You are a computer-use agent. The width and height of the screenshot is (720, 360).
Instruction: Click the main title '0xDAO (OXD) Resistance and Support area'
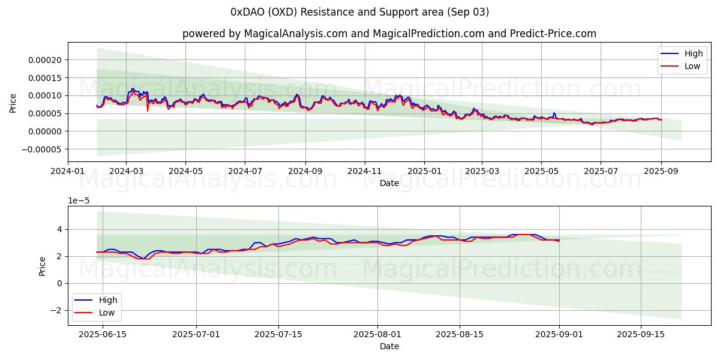(359, 12)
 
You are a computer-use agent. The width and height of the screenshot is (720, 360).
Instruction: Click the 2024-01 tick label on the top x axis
(68, 172)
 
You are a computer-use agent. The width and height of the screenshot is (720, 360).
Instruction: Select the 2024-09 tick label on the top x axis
(305, 172)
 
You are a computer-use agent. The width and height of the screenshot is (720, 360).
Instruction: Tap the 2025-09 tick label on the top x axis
(661, 172)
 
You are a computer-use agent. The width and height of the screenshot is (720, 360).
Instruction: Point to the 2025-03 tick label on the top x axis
(482, 172)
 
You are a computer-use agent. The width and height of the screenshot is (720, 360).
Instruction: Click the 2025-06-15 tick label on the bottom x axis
(103, 335)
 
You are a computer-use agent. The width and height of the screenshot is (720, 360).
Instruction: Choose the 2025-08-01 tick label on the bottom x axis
(377, 335)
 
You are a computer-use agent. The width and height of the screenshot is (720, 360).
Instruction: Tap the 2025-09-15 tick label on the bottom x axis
(641, 335)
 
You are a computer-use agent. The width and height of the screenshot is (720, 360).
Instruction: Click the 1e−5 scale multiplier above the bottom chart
(78, 200)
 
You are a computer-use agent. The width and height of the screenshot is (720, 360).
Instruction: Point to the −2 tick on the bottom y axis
(58, 310)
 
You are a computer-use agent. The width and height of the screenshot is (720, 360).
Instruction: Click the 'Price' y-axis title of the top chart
(13, 103)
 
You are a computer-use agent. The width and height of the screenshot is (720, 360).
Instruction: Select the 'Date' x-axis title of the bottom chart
(389, 346)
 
